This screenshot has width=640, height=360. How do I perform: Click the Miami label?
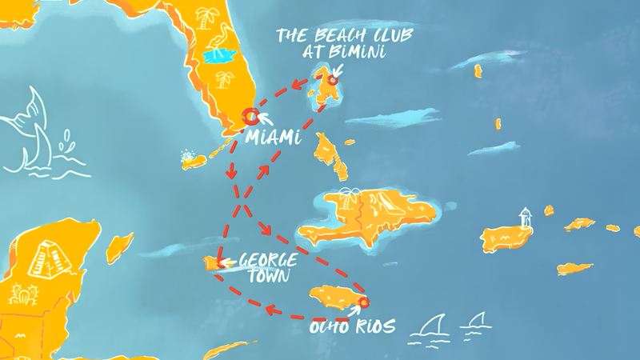click(274, 138)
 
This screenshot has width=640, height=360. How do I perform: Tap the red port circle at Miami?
click(250, 117)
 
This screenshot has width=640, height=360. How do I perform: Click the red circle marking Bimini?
click(330, 80)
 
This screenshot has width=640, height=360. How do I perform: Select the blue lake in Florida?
click(218, 57)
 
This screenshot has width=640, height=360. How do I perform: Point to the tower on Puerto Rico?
click(525, 217)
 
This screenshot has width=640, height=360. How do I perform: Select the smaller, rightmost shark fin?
click(478, 321)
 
